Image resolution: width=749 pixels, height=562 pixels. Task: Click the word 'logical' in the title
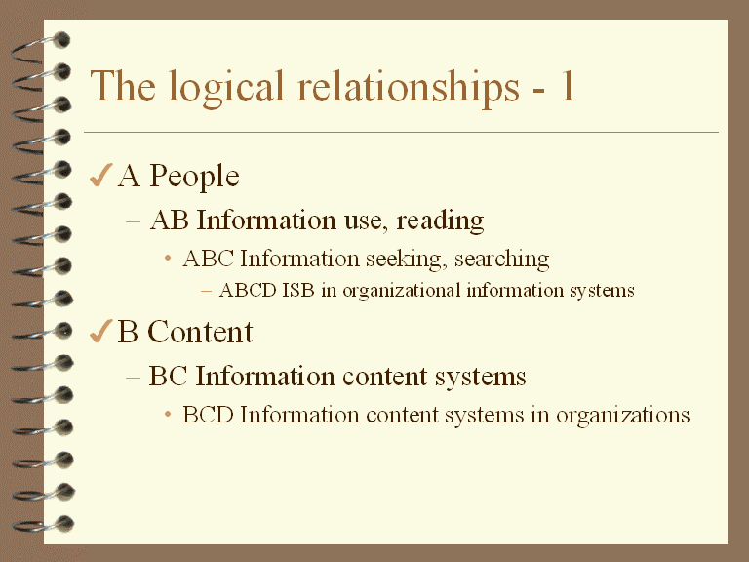(x=226, y=90)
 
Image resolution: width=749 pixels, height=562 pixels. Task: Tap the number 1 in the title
(x=568, y=86)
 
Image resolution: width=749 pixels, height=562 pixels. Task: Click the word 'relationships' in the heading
(x=408, y=89)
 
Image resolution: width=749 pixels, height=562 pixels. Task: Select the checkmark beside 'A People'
(x=100, y=175)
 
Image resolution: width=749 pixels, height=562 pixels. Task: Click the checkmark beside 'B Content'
(x=100, y=331)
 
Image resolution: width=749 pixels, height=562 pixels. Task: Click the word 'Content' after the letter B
(x=200, y=332)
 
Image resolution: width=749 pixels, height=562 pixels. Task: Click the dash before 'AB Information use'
(x=134, y=221)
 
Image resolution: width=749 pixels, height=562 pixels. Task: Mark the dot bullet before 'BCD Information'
(x=168, y=415)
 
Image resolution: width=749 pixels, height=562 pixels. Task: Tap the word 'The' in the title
(x=123, y=86)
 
